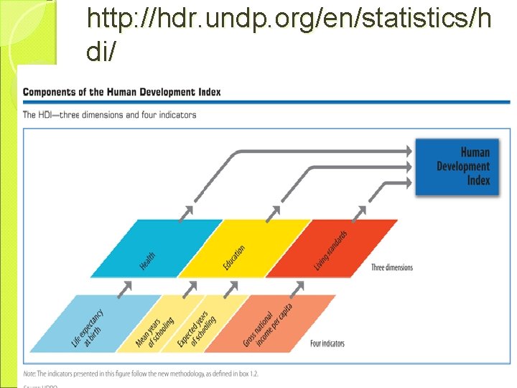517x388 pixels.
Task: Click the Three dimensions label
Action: [392, 268]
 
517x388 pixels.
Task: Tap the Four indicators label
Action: [327, 343]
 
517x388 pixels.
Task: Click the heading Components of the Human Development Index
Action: [122, 92]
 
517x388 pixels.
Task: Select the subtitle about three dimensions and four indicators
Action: [110, 115]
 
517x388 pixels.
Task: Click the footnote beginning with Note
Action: [141, 374]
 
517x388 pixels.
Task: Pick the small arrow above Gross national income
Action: [296, 287]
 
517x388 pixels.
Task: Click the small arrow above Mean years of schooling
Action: [190, 287]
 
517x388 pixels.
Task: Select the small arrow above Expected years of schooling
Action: [231, 287]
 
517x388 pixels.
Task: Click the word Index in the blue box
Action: [478, 180]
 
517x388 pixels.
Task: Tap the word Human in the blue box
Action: [475, 152]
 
